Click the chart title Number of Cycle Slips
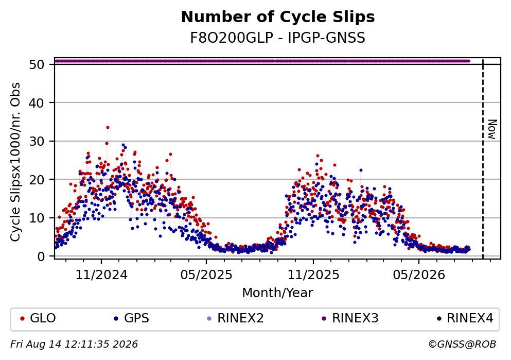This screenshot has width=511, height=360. click(x=278, y=17)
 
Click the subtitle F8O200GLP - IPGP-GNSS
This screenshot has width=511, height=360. click(x=278, y=38)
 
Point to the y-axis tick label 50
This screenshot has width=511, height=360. click(x=37, y=64)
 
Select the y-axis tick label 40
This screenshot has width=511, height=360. click(x=37, y=102)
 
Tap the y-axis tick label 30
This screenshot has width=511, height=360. click(x=37, y=141)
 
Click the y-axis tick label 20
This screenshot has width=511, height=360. click(x=37, y=179)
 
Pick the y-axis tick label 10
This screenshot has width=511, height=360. click(x=37, y=218)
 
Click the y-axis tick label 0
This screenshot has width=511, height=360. click(x=41, y=256)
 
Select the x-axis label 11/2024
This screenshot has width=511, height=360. click(x=101, y=275)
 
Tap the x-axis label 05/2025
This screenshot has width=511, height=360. click(x=206, y=275)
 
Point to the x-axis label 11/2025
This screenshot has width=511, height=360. click(x=313, y=275)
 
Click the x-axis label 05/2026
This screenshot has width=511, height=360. click(x=419, y=275)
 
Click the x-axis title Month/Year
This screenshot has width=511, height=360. click(x=278, y=293)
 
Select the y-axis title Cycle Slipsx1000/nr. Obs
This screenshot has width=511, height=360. click(x=15, y=162)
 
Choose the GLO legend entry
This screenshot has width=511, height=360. click(x=38, y=318)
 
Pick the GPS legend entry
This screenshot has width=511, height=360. click(x=132, y=318)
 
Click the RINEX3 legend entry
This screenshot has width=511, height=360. click(x=350, y=318)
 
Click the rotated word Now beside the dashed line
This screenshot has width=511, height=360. click(x=491, y=129)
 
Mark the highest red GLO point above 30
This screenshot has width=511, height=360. click(x=108, y=128)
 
